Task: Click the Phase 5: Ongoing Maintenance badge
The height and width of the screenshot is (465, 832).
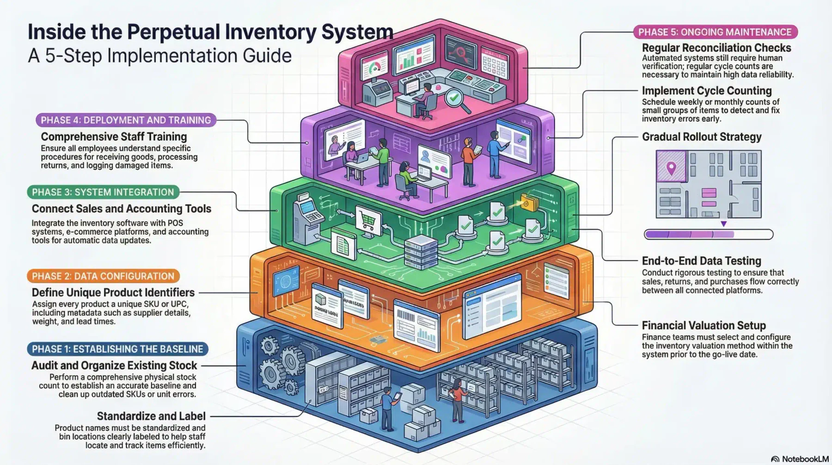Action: point(716,32)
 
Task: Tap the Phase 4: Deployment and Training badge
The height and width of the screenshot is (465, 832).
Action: point(126,120)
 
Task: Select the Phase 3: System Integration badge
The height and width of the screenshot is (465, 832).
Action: point(103,192)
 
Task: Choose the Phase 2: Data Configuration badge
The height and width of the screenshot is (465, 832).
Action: point(103,276)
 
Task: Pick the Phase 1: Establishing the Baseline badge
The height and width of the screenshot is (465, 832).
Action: point(117,349)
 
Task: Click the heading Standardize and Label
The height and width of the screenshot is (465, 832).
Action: point(151,416)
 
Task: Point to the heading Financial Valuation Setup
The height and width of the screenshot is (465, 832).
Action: point(704,325)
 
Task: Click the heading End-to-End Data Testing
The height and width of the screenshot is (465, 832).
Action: point(701,261)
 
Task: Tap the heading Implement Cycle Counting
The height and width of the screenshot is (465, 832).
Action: point(707,91)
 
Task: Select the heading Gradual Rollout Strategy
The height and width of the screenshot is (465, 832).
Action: point(702,137)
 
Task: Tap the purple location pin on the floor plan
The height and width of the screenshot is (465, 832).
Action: point(671,168)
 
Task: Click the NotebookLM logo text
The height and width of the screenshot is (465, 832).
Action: point(800,459)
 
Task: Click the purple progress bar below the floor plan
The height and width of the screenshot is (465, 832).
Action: point(709,235)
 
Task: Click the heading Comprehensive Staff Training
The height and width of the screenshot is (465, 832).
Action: point(114,137)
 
